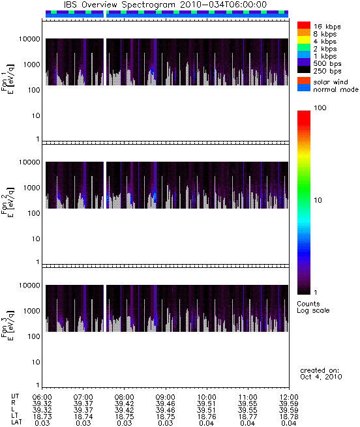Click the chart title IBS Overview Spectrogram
[x=119, y=5]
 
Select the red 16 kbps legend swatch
[x=304, y=25]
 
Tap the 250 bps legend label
[x=327, y=71]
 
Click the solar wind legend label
[x=330, y=82]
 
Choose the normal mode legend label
[x=336, y=89]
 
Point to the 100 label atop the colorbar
[x=320, y=108]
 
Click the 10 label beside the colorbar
[x=318, y=200]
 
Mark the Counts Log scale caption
[x=313, y=307]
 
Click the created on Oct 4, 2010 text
[x=321, y=374]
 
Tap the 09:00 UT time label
[x=166, y=397]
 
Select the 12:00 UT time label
[x=289, y=397]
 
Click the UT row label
[x=15, y=396]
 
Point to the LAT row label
[x=16, y=422]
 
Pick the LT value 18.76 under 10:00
[x=206, y=417]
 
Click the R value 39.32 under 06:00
[x=42, y=404]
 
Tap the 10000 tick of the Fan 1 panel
[x=29, y=39]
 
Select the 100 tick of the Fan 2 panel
[x=34, y=213]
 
